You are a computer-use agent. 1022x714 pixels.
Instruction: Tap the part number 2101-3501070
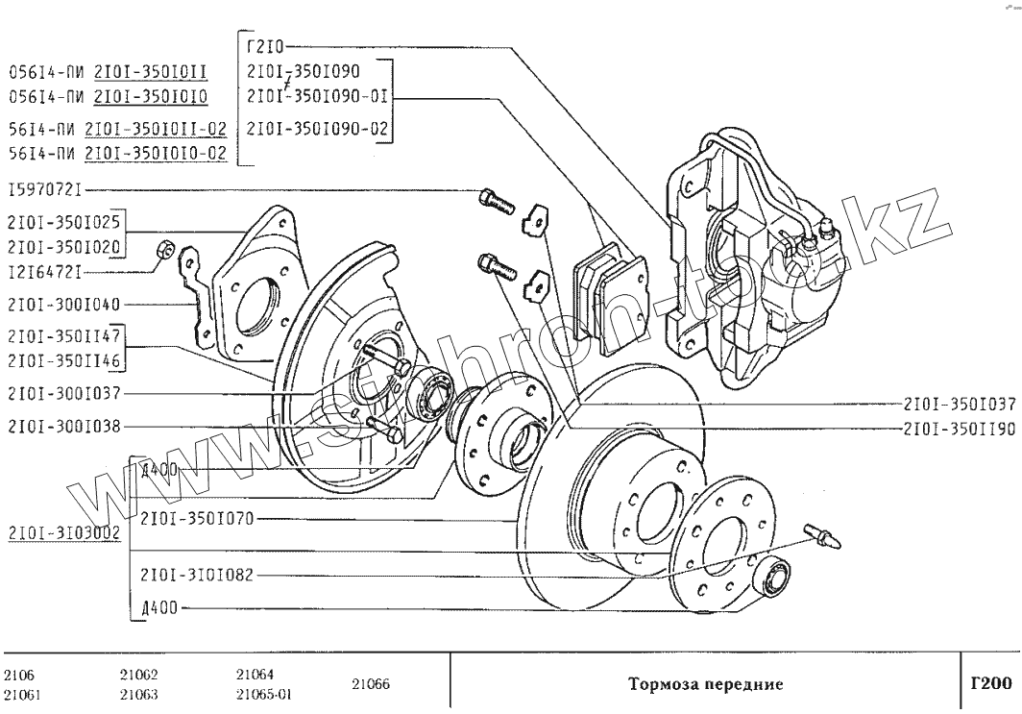click(196, 519)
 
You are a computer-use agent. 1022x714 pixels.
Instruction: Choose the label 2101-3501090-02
click(306, 128)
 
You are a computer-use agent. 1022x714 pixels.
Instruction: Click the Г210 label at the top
click(266, 44)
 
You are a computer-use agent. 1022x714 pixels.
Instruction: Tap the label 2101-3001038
click(64, 426)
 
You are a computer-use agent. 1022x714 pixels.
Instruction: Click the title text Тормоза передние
click(705, 684)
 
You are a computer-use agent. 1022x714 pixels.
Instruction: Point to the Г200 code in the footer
click(990, 684)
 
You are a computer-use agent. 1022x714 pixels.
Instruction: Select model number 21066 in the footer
click(371, 684)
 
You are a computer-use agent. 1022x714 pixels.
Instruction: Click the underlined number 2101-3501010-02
click(156, 154)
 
